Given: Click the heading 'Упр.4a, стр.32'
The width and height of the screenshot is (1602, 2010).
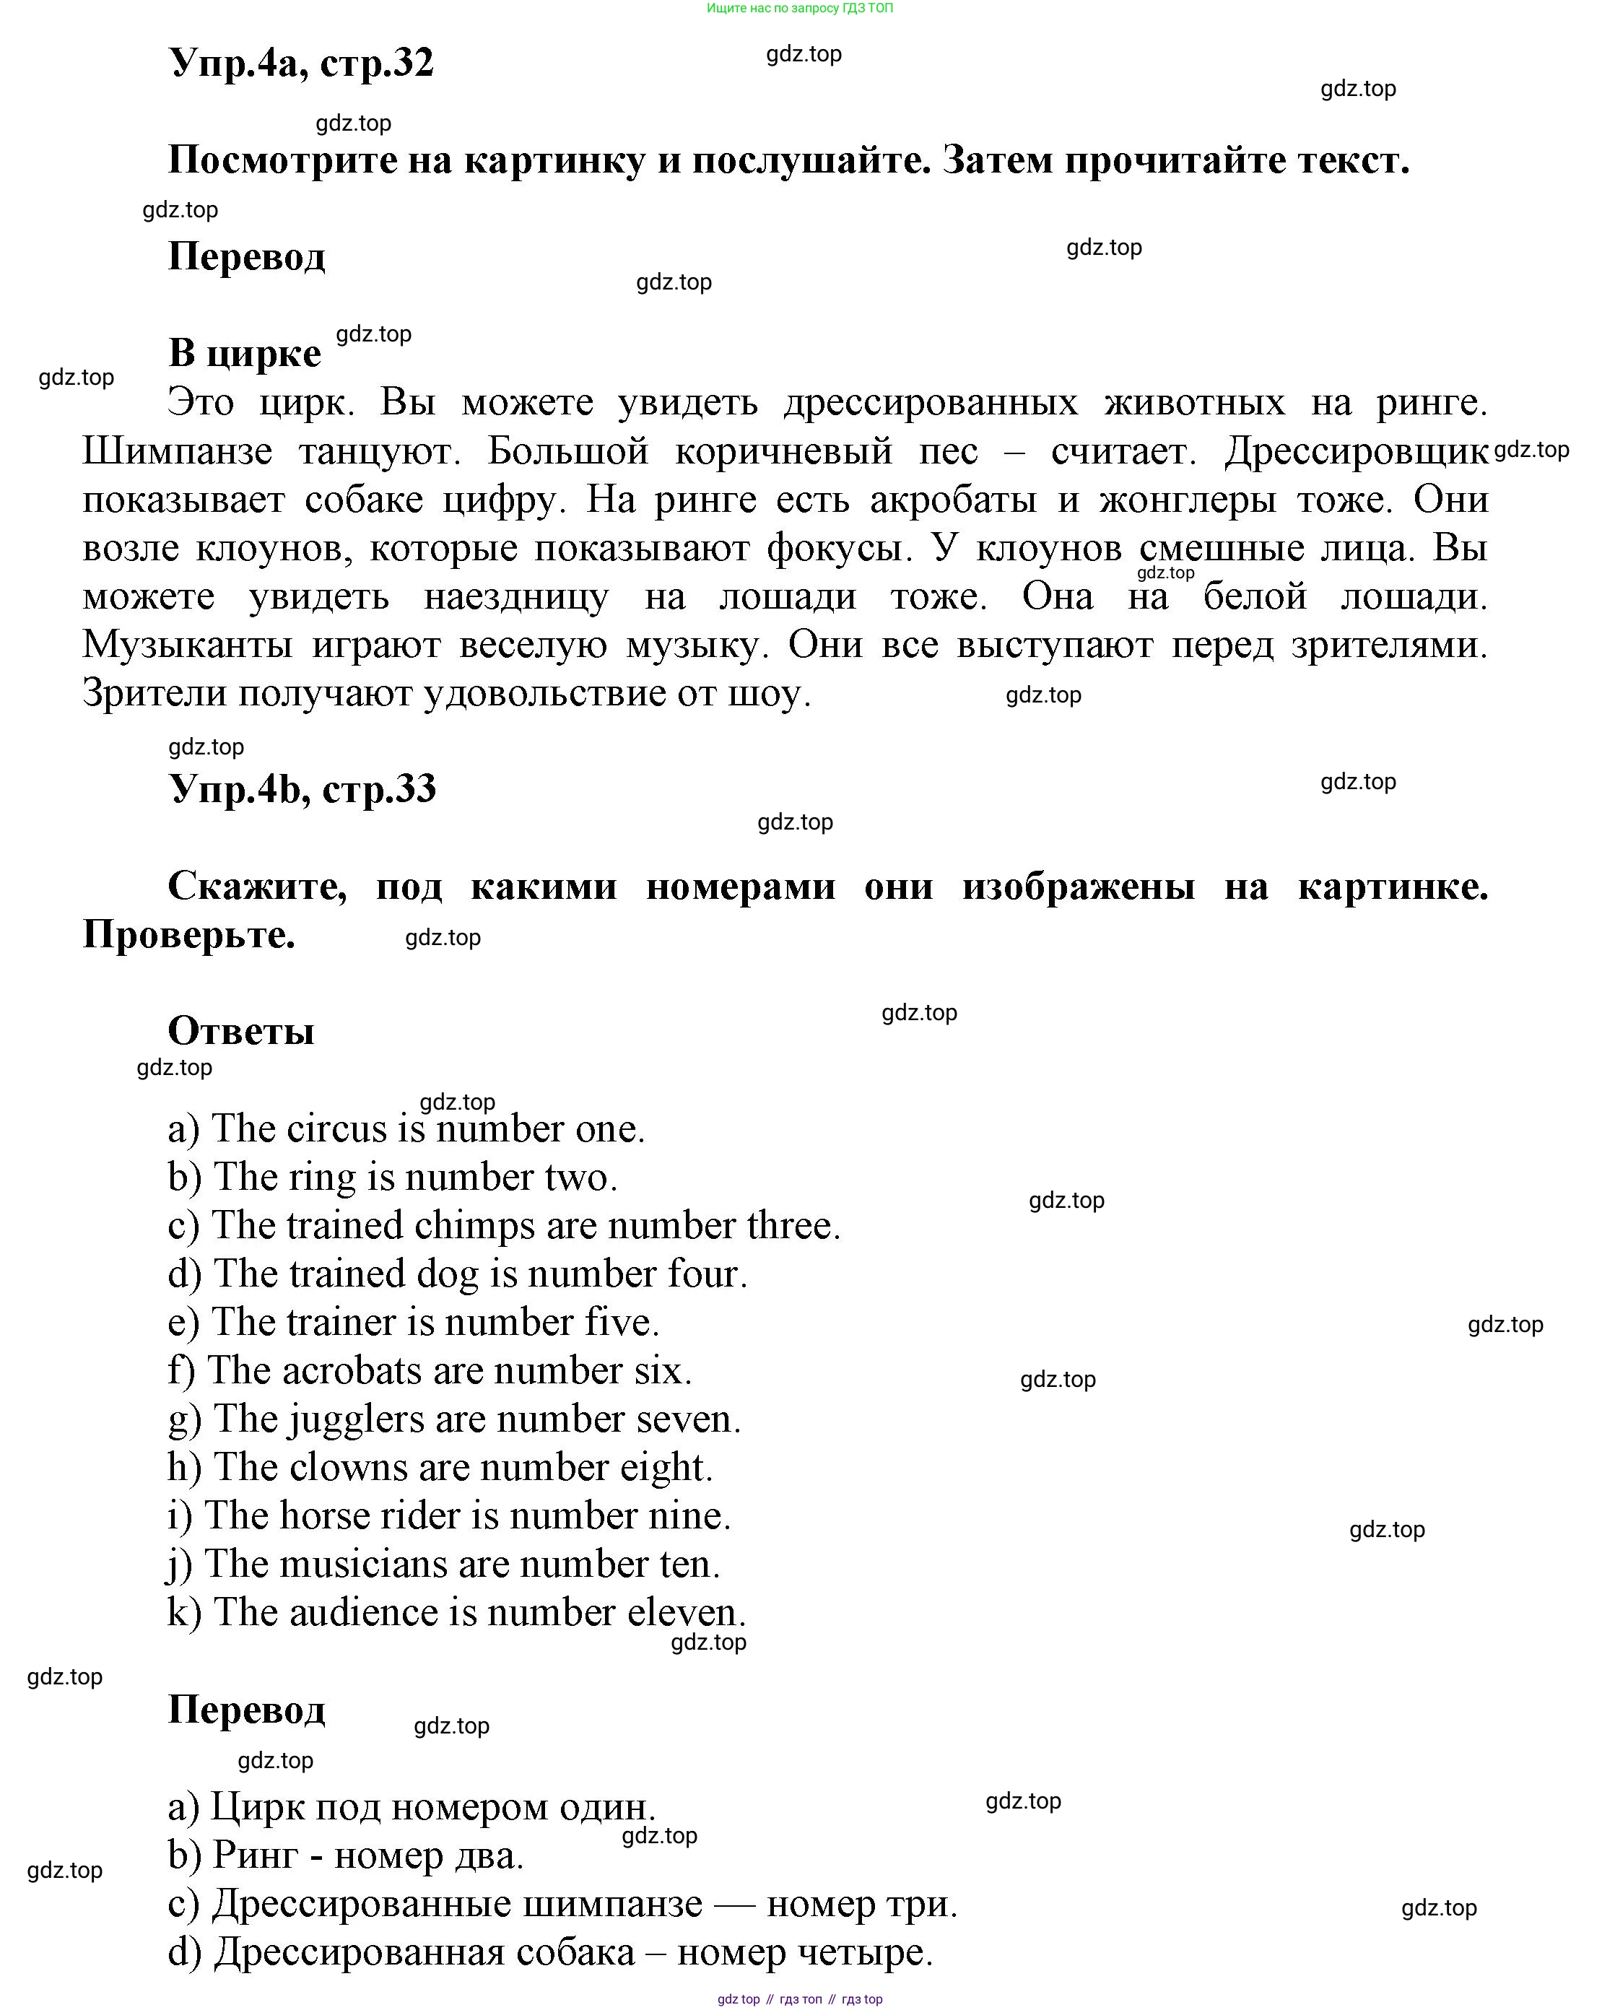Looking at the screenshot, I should [x=300, y=63].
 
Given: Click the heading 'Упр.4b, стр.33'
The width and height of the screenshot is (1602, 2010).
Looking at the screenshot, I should [x=302, y=788].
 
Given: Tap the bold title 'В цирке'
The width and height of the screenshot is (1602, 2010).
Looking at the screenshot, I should [x=244, y=353].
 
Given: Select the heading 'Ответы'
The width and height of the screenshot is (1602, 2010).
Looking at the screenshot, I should [x=240, y=1030].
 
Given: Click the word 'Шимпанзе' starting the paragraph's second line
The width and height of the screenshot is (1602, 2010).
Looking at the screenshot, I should [x=177, y=451].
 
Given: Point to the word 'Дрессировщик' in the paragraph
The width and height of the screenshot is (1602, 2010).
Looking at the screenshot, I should [x=1356, y=451].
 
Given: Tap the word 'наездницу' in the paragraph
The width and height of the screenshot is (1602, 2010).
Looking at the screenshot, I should [x=515, y=596].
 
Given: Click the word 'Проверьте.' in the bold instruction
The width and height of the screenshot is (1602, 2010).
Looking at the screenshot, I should [x=189, y=934].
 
